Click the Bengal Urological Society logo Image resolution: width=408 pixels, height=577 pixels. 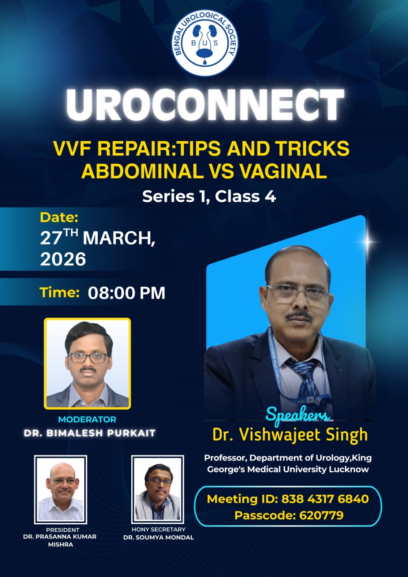click(x=205, y=43)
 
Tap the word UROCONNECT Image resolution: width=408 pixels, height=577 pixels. click(x=205, y=105)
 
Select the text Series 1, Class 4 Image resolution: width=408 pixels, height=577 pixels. click(x=209, y=197)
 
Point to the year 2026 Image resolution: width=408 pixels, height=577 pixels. click(x=63, y=259)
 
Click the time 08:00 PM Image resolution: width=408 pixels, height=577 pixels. click(x=126, y=293)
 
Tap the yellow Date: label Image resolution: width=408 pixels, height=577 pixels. click(x=59, y=218)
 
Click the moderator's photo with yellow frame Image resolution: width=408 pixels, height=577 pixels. click(x=87, y=364)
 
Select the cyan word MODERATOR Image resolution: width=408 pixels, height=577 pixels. click(x=87, y=419)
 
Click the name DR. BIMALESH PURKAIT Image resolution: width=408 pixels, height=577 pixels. click(x=90, y=433)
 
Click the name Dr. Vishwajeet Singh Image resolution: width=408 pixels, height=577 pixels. click(x=290, y=435)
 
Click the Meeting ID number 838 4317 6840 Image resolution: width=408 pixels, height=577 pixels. click(x=325, y=499)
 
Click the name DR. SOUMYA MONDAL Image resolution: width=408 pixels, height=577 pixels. click(x=158, y=537)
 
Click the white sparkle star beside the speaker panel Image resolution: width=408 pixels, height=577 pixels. click(x=368, y=241)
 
